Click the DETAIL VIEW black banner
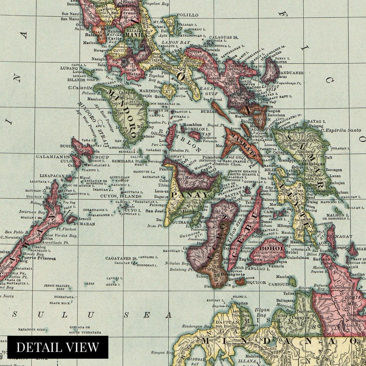[x=58, y=347]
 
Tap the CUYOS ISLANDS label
[x=121, y=196]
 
